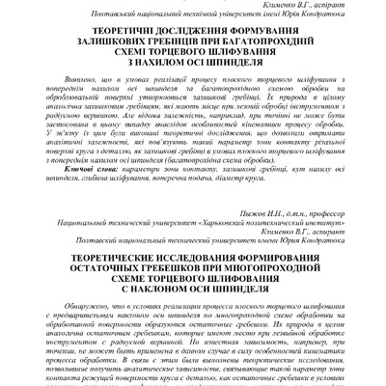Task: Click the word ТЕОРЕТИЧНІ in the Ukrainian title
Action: (x=109, y=28)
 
